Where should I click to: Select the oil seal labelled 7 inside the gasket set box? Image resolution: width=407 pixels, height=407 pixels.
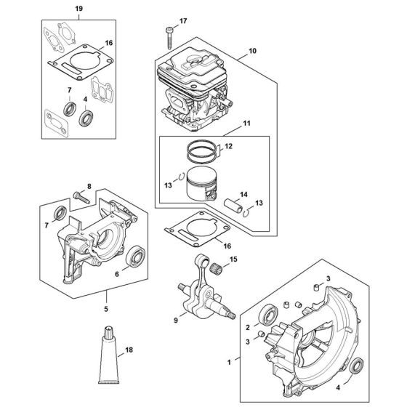click(71, 109)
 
